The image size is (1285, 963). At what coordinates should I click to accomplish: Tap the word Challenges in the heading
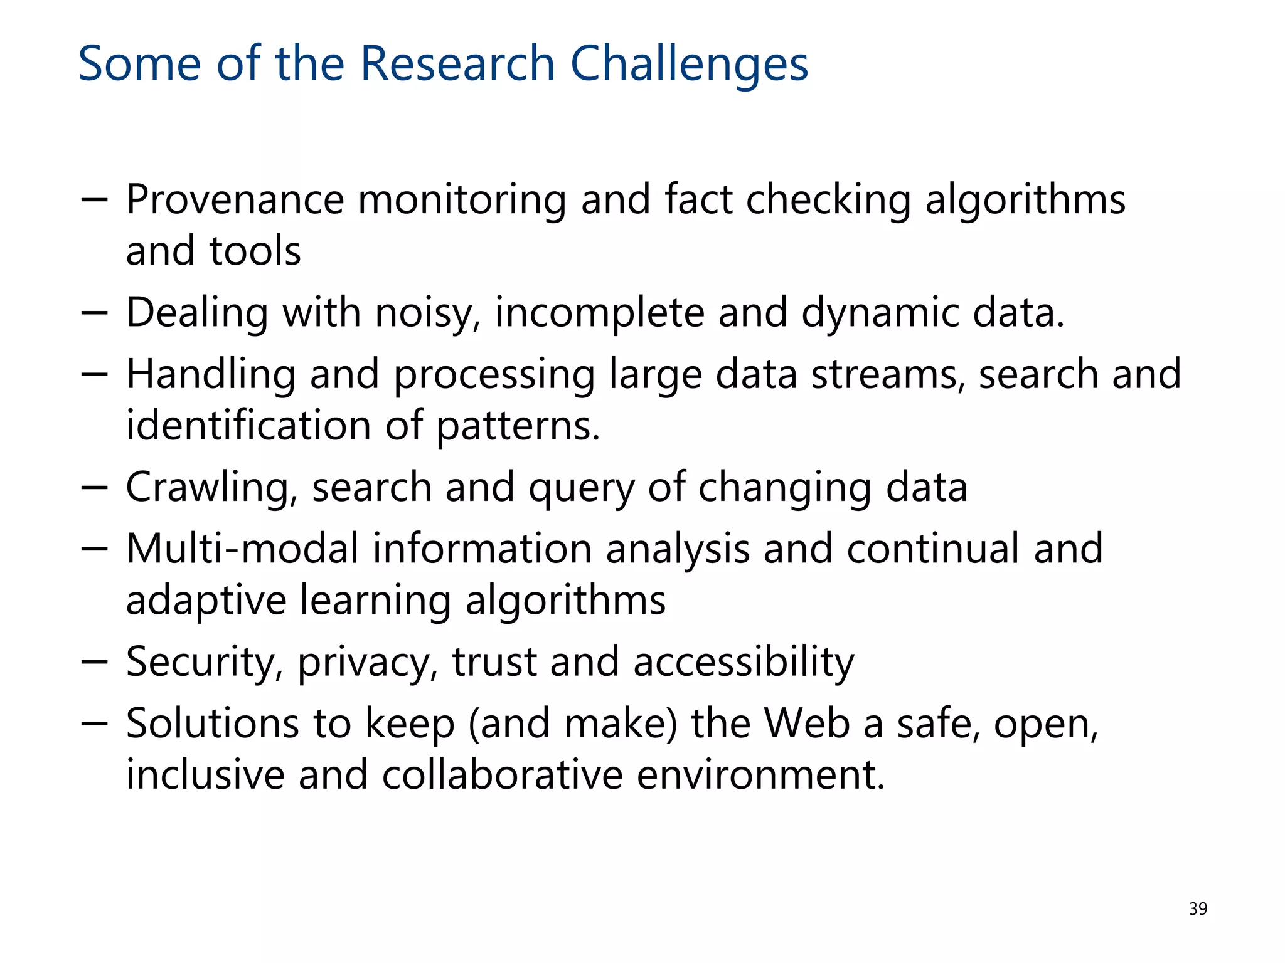(689, 64)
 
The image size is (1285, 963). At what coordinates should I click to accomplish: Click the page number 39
(1197, 909)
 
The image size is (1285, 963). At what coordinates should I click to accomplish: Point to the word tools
(255, 251)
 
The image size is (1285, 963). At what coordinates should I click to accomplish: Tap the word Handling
(211, 374)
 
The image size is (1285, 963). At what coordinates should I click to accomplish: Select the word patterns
(518, 426)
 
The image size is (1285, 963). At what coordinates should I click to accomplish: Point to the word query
(581, 488)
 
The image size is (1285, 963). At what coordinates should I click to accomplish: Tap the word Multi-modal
(242, 549)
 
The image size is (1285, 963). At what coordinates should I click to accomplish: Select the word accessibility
(744, 662)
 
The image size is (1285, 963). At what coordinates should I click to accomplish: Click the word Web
(807, 724)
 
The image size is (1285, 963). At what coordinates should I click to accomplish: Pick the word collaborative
(502, 775)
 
